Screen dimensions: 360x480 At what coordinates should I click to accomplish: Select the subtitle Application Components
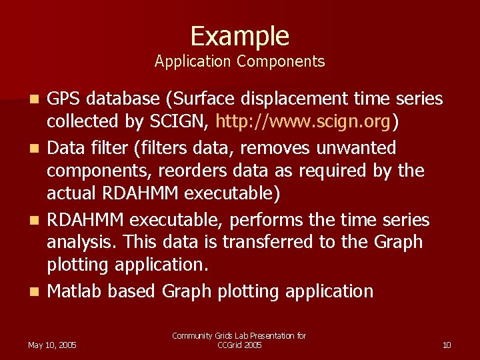(x=239, y=62)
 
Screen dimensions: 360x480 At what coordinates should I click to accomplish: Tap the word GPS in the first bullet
(x=65, y=99)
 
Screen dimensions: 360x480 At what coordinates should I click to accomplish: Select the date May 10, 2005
(x=52, y=345)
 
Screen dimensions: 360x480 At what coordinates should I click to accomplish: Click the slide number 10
(x=447, y=345)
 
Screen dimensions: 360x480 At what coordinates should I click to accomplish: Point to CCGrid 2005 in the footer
(x=239, y=345)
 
